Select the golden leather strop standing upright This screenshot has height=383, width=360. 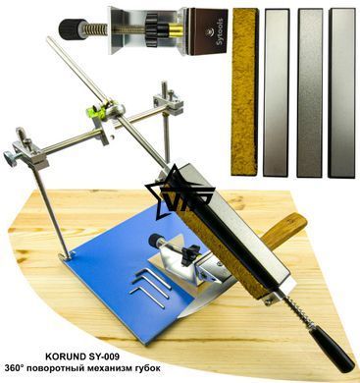click(x=245, y=92)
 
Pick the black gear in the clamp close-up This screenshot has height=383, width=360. click(x=150, y=27)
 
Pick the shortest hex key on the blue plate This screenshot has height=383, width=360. click(x=154, y=278)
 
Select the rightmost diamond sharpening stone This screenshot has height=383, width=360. click(x=341, y=92)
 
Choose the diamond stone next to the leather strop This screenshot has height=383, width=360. click(x=277, y=92)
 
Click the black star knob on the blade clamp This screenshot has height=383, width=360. click(x=189, y=254)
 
